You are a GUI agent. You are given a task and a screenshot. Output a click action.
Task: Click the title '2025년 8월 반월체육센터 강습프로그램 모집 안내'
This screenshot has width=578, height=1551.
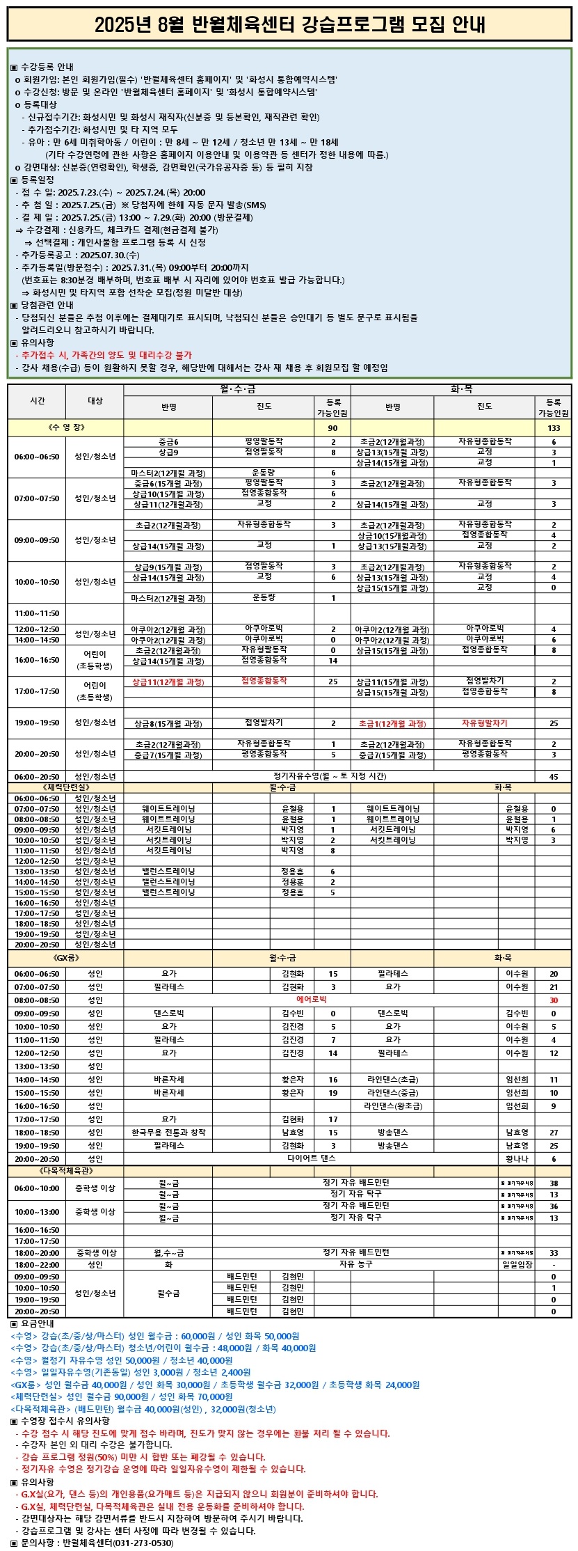pos(289,25)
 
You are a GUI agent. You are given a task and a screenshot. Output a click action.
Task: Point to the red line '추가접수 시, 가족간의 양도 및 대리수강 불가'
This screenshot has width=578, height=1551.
pos(104,355)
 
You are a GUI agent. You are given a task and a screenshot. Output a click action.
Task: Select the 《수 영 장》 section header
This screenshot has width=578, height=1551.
pos(66,427)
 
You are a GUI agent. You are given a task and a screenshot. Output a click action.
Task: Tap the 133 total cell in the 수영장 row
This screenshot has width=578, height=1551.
pos(554,427)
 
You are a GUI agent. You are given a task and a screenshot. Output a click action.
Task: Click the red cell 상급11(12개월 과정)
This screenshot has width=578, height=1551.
pos(168,682)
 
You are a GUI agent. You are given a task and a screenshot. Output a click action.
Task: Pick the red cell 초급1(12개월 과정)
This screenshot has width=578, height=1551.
pos(392,723)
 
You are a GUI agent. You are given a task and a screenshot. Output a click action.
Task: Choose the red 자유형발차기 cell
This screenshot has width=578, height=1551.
pos(485,723)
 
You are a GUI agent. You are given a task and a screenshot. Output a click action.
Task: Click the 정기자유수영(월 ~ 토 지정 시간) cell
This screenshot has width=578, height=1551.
pos(329,776)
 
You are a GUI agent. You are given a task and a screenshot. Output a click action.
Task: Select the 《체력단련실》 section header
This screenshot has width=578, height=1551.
pos(66,787)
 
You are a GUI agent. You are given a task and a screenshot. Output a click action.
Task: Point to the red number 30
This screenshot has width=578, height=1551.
pos(554,1000)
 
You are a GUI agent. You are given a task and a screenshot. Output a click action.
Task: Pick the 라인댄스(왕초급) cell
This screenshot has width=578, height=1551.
pos(393,1105)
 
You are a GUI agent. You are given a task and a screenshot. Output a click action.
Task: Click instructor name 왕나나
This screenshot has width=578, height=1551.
pos(517,1159)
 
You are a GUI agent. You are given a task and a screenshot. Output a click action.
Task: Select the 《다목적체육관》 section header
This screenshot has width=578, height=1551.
pos(66,1171)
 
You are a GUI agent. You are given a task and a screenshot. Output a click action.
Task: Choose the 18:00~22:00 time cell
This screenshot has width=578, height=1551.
pos(37,1264)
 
